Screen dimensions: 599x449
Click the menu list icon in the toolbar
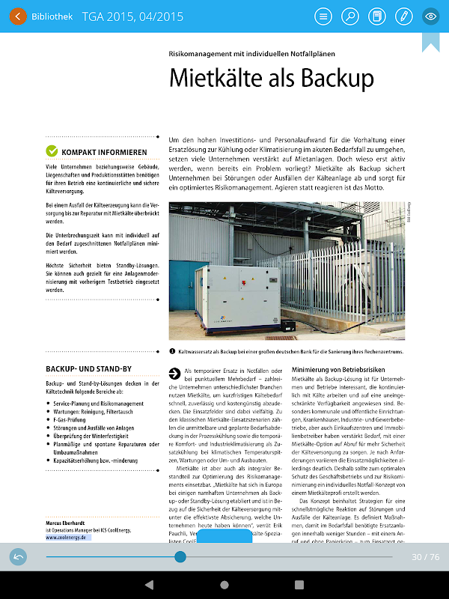tap(323, 16)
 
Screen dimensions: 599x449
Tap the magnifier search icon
tap(350, 16)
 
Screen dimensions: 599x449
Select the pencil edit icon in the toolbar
tap(403, 16)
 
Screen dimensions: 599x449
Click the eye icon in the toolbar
tap(430, 16)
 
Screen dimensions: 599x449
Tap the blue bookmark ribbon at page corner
tap(430, 41)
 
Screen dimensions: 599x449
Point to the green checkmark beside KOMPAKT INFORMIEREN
tap(52, 151)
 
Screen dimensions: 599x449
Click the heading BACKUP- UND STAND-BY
tap(89, 369)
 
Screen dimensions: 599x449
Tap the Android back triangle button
tap(149, 584)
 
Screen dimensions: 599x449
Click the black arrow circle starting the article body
tap(174, 373)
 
